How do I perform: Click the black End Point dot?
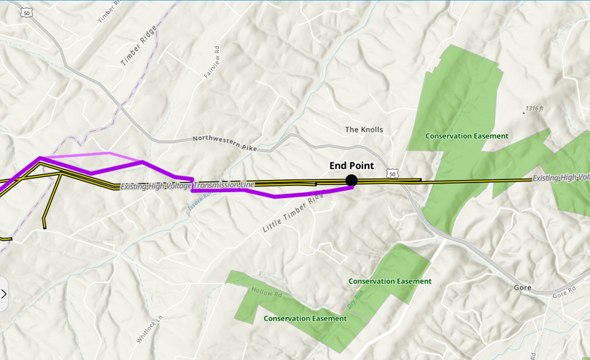(352, 180)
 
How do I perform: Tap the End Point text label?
(352, 166)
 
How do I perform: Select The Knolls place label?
(364, 130)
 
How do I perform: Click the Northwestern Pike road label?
(225, 143)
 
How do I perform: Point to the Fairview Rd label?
(212, 63)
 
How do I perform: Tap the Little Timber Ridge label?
(293, 212)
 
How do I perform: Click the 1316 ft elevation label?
(534, 109)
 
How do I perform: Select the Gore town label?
(522, 287)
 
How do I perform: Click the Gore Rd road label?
(564, 291)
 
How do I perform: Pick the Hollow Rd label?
(267, 292)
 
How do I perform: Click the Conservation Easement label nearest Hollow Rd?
(305, 318)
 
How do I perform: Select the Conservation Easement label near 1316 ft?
(466, 136)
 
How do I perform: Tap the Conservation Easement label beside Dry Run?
(390, 281)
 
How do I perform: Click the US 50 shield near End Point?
(392, 174)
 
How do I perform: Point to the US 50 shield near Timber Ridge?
(27, 12)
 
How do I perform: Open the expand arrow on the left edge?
(4, 294)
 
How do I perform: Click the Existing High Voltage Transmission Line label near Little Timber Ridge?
(187, 185)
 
